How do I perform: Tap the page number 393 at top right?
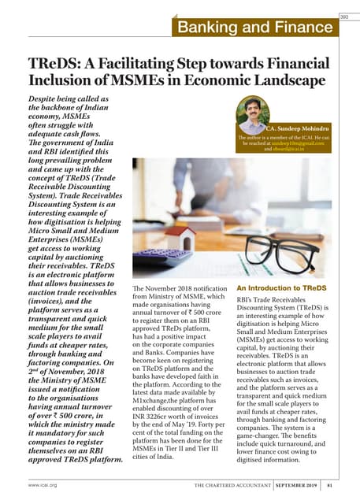coord(343,17)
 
